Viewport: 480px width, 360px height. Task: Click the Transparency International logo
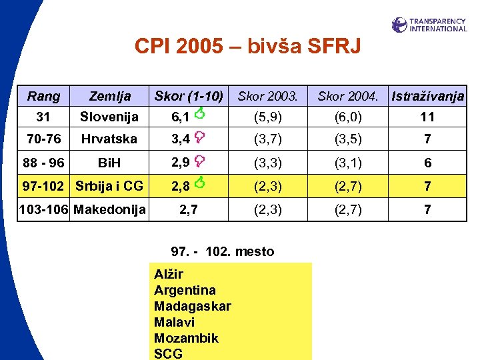(429, 25)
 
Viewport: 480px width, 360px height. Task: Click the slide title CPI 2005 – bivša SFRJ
(247, 46)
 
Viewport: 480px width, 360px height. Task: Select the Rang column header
(43, 96)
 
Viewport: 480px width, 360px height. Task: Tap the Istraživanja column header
(428, 96)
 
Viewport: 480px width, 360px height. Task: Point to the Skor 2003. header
(268, 96)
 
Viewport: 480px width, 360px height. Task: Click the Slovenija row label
(109, 117)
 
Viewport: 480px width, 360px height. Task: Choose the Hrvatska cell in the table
(109, 139)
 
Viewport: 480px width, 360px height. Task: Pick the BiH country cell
(109, 163)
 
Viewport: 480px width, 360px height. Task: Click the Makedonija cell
(109, 209)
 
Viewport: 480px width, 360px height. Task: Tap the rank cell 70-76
(43, 139)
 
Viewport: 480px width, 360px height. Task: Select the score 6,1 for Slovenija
(180, 117)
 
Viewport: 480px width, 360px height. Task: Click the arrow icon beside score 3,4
(199, 137)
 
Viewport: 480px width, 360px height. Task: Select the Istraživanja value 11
(428, 117)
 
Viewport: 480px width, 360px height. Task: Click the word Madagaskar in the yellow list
(192, 306)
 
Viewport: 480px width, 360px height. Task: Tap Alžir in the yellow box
(168, 274)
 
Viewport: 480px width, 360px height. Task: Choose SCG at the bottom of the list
(168, 354)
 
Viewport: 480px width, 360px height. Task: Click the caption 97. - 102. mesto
(223, 251)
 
